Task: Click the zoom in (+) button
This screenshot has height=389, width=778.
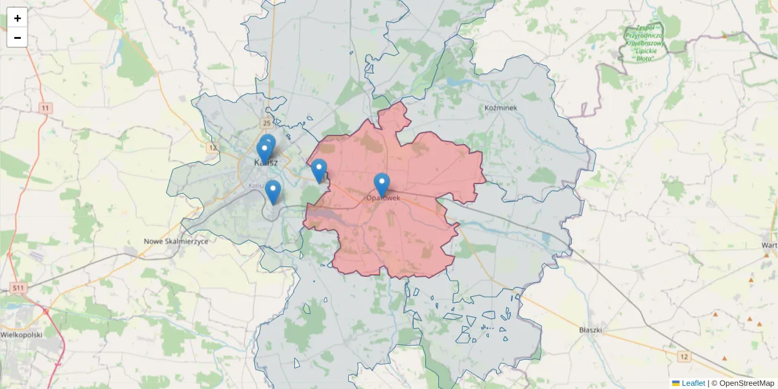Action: coord(18,18)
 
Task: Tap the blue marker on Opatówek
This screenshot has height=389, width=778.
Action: coord(382,184)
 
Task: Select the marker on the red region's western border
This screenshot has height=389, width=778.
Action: coord(318,170)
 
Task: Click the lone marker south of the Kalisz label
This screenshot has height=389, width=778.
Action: coord(273,191)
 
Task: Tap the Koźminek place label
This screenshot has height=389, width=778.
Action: coord(501,108)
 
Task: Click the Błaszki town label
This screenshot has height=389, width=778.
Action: coord(591,330)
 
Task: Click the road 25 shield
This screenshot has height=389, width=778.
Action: coord(266,122)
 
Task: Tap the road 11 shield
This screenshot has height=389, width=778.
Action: coord(45,108)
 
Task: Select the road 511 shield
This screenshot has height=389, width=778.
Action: coord(18,287)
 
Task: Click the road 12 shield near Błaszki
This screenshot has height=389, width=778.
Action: coord(683,357)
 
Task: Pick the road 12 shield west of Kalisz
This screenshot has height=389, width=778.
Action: coord(212,148)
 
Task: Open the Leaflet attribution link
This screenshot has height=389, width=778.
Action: coord(692,383)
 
